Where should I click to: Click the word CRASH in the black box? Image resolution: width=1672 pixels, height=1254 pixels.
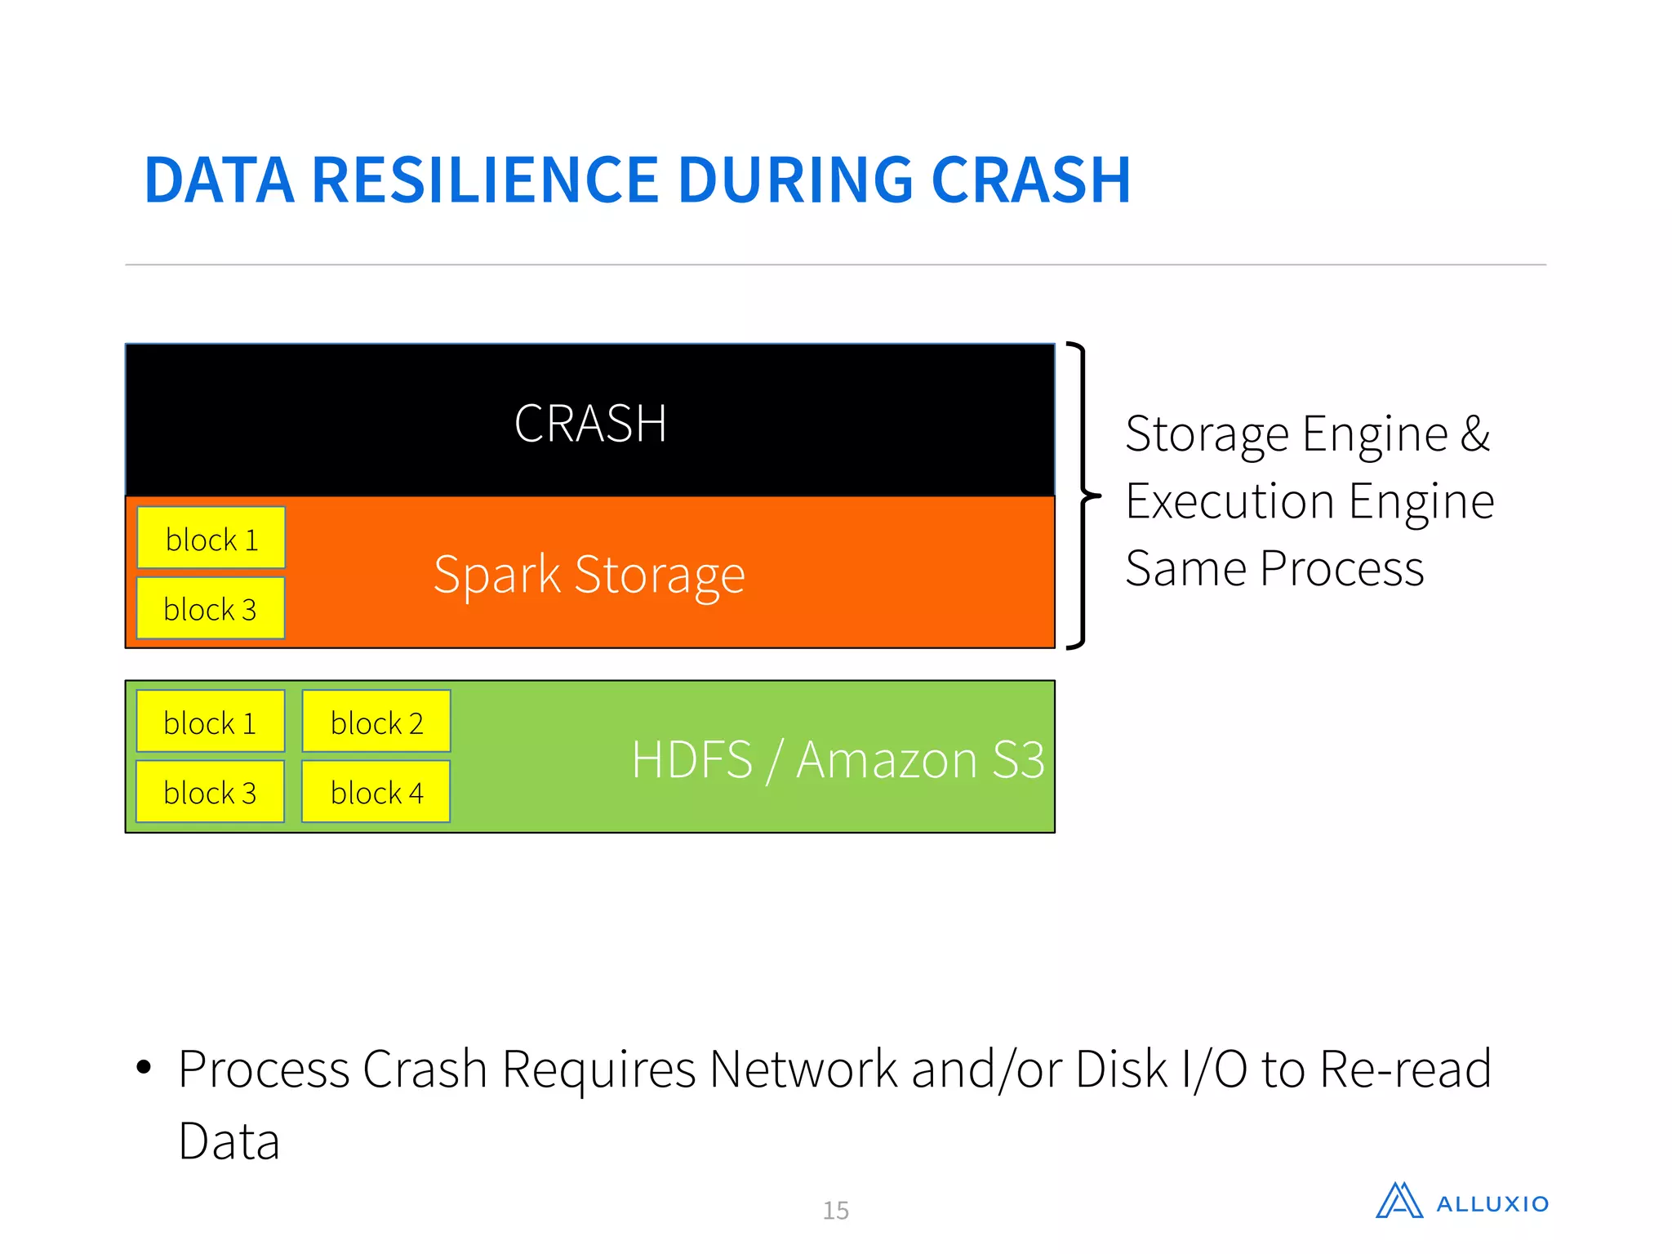click(590, 424)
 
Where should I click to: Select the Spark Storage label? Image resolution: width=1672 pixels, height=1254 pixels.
click(589, 575)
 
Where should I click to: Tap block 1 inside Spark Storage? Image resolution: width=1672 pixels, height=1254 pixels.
click(211, 538)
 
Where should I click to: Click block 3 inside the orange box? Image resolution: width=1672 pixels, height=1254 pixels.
click(211, 608)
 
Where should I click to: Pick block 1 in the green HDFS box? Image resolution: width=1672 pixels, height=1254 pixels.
click(211, 722)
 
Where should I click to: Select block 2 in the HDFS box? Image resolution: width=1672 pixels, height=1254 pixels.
click(376, 722)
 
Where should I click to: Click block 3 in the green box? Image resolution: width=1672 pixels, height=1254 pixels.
click(211, 792)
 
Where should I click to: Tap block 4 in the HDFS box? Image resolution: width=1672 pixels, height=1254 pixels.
click(376, 792)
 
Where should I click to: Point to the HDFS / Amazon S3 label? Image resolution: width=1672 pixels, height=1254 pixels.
click(838, 759)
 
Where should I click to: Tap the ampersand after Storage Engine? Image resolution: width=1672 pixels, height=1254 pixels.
click(1474, 434)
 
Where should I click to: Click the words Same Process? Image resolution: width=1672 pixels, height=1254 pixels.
click(1274, 568)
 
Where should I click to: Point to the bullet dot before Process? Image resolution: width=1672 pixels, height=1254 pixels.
click(145, 1067)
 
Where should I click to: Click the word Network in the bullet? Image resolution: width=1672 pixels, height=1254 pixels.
click(803, 1069)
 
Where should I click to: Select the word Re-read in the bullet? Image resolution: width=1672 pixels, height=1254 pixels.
click(1405, 1069)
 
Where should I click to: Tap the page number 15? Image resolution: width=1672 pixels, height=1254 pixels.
click(835, 1210)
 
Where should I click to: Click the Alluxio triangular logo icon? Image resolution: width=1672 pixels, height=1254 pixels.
click(1399, 1201)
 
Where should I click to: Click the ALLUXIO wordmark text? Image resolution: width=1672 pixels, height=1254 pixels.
click(1492, 1204)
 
